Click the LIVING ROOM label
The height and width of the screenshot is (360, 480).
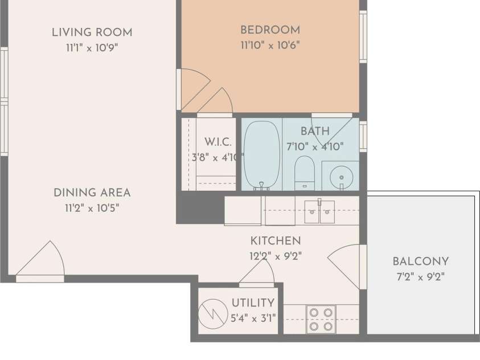pyautogui.click(x=92, y=32)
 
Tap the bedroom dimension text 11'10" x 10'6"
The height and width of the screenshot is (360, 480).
pyautogui.click(x=270, y=46)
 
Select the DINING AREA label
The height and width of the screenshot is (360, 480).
pyautogui.click(x=92, y=193)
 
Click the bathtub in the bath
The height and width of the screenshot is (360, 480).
pyautogui.click(x=262, y=154)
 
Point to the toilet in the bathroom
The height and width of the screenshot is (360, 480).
pyautogui.click(x=304, y=173)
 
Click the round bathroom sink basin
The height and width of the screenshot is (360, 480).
pyautogui.click(x=341, y=177)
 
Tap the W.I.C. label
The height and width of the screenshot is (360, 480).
pyautogui.click(x=218, y=142)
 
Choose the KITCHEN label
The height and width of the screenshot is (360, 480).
pyautogui.click(x=276, y=241)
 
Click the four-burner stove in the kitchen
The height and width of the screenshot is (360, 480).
pyautogui.click(x=321, y=320)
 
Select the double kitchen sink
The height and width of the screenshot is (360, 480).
pyautogui.click(x=319, y=211)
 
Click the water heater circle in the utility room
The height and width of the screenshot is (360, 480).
pyautogui.click(x=213, y=314)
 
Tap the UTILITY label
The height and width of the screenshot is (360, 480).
pyautogui.click(x=253, y=303)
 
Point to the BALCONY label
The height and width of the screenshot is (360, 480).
pyautogui.click(x=421, y=261)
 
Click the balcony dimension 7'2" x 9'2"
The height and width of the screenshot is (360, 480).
pyautogui.click(x=421, y=277)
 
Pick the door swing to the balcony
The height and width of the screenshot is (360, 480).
pyautogui.click(x=343, y=267)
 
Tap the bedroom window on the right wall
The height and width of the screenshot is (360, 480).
pyautogui.click(x=363, y=36)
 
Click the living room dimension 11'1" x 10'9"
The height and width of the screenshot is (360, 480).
pyautogui.click(x=92, y=48)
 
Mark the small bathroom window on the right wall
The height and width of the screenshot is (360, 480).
pyautogui.click(x=363, y=136)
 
